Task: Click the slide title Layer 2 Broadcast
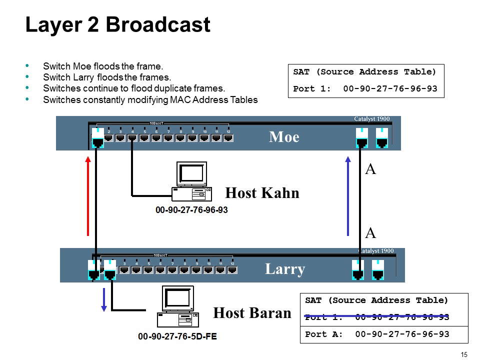pos(117,25)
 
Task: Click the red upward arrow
pos(88,195)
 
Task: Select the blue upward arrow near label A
pos(348,195)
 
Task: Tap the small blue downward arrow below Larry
pos(104,299)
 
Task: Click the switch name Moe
pos(284,136)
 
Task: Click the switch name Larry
pos(284,269)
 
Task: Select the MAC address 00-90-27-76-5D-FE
pos(177,336)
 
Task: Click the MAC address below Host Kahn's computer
pos(191,210)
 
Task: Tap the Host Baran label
pos(252,313)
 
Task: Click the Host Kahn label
pos(262,192)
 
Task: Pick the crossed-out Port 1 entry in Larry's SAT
pos(376,317)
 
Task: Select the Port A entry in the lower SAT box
pos(376,334)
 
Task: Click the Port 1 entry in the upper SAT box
pos(365,89)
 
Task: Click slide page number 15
pos(463,354)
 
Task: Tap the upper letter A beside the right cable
pos(370,169)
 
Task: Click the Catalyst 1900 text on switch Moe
pos(371,119)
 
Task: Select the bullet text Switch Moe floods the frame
pos(103,66)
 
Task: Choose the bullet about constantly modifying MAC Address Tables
pos(150,99)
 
